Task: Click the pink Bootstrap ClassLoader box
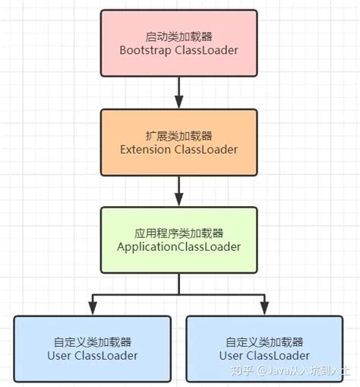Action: tap(178, 43)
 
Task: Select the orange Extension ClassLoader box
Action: tap(178, 141)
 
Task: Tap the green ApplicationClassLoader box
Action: tap(178, 239)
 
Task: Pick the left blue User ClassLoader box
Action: tap(92, 348)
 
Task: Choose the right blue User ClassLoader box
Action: tap(264, 348)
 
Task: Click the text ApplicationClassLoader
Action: tap(178, 247)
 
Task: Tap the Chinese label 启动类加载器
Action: tap(178, 36)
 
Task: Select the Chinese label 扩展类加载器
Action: tap(178, 134)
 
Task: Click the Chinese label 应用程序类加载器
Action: tap(178, 232)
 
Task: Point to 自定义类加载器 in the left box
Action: tap(92, 341)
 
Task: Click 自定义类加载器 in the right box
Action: tap(264, 341)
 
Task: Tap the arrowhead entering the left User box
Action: tap(92, 308)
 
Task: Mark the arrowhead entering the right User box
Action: tap(264, 308)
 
